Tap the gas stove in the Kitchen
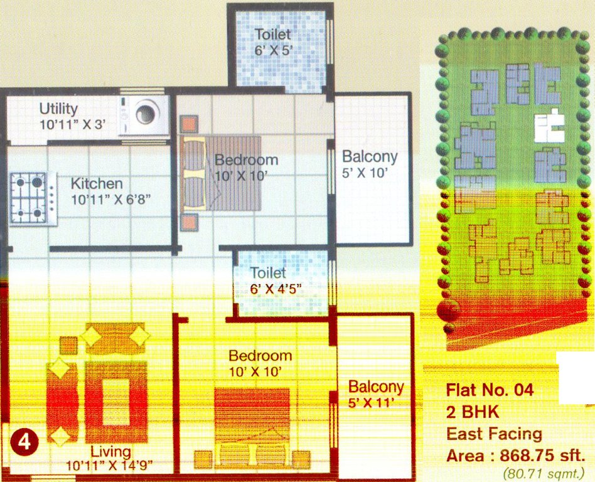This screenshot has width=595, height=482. coord(33,198)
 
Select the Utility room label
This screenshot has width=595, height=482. coord(58,109)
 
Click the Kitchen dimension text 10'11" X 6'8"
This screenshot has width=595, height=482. coord(110,200)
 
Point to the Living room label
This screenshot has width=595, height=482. coord(110,451)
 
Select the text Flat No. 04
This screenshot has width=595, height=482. coord(490,390)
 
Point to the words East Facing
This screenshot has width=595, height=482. coord(494,434)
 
